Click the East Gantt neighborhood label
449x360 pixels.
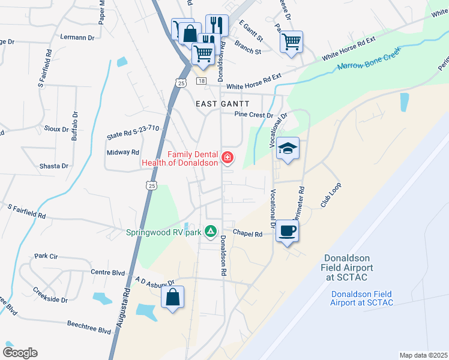tap(223, 104)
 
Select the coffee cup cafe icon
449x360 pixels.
tap(288, 231)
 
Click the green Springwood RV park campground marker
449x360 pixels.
tap(211, 231)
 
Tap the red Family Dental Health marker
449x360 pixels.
tap(228, 158)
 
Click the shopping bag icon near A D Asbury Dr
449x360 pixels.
tap(172, 297)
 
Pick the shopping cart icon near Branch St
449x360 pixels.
tap(291, 43)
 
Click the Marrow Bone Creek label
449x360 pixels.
tap(369, 62)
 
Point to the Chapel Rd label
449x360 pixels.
tap(248, 234)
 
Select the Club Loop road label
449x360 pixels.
tap(331, 195)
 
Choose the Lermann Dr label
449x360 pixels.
tap(77, 37)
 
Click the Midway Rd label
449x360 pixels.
tap(123, 152)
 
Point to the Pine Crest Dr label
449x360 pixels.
tap(253, 114)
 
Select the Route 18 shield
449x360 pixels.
tap(201, 81)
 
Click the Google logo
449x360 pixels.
tap(20, 353)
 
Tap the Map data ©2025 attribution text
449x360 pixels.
tap(423, 355)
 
